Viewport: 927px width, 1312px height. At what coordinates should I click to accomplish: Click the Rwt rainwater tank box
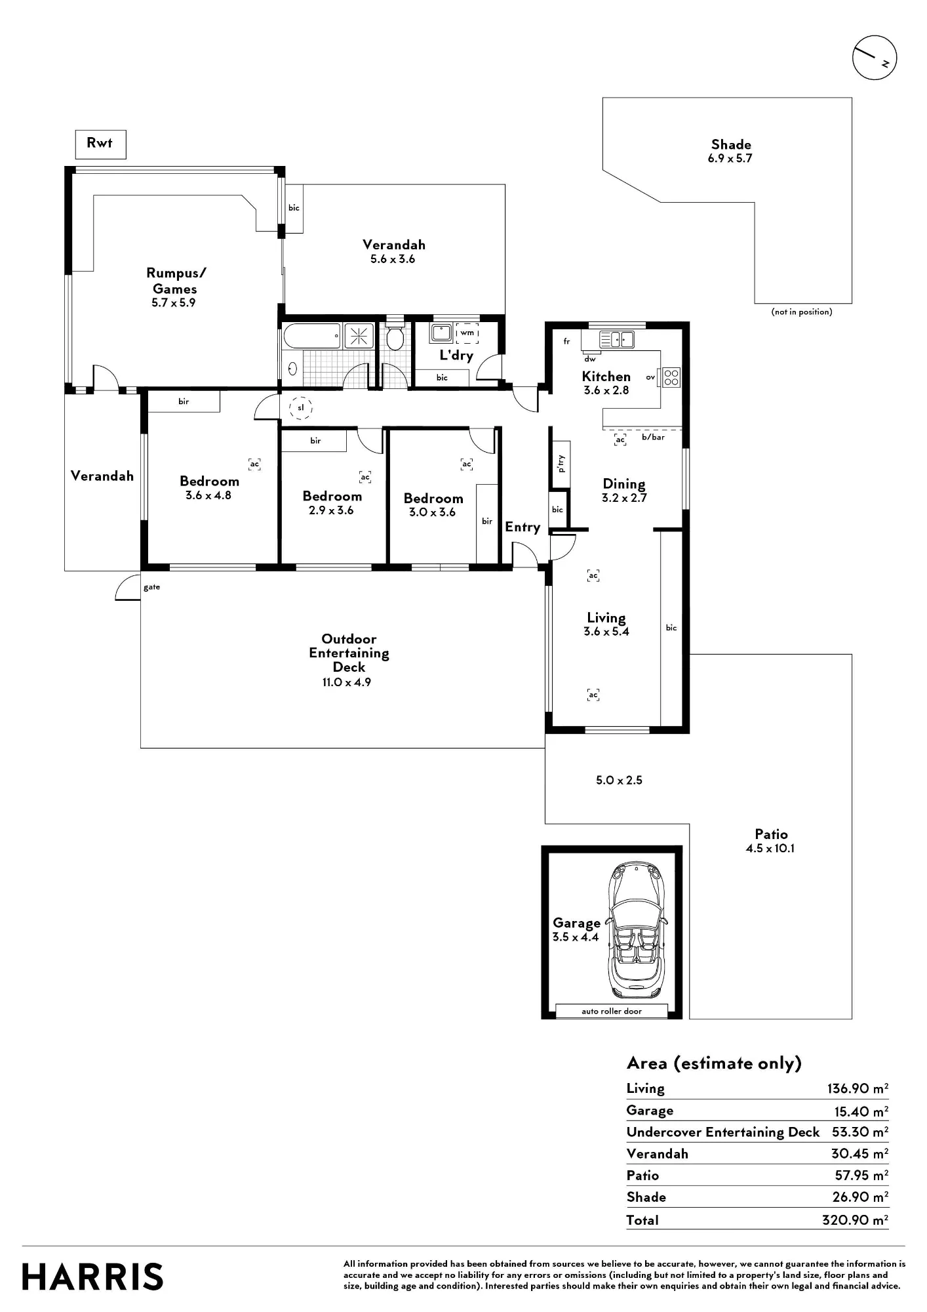click(100, 144)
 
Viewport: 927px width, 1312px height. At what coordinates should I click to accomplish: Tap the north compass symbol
click(875, 58)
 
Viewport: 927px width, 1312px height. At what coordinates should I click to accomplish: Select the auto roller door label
click(612, 1011)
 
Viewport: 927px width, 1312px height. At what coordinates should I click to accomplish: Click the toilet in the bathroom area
click(395, 337)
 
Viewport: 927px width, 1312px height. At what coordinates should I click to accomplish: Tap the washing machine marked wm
click(467, 333)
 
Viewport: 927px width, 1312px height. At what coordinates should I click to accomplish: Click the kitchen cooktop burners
click(671, 377)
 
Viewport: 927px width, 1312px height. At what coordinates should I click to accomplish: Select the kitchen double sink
click(617, 339)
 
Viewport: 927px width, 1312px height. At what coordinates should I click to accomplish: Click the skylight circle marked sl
click(301, 408)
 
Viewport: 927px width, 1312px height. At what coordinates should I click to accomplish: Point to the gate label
click(152, 587)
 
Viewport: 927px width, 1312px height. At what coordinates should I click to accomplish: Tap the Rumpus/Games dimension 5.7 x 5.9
click(174, 303)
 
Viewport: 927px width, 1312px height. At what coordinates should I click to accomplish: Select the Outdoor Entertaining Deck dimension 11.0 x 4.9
click(347, 682)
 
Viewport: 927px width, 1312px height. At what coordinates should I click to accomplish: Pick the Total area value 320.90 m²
click(856, 1220)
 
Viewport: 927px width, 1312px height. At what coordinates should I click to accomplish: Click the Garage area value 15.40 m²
click(861, 1111)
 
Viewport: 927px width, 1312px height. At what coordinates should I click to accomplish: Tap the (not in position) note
click(802, 312)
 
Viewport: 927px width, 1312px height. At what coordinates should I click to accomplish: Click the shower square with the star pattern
click(359, 336)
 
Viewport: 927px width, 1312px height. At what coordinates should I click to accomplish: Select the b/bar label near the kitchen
click(653, 437)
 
